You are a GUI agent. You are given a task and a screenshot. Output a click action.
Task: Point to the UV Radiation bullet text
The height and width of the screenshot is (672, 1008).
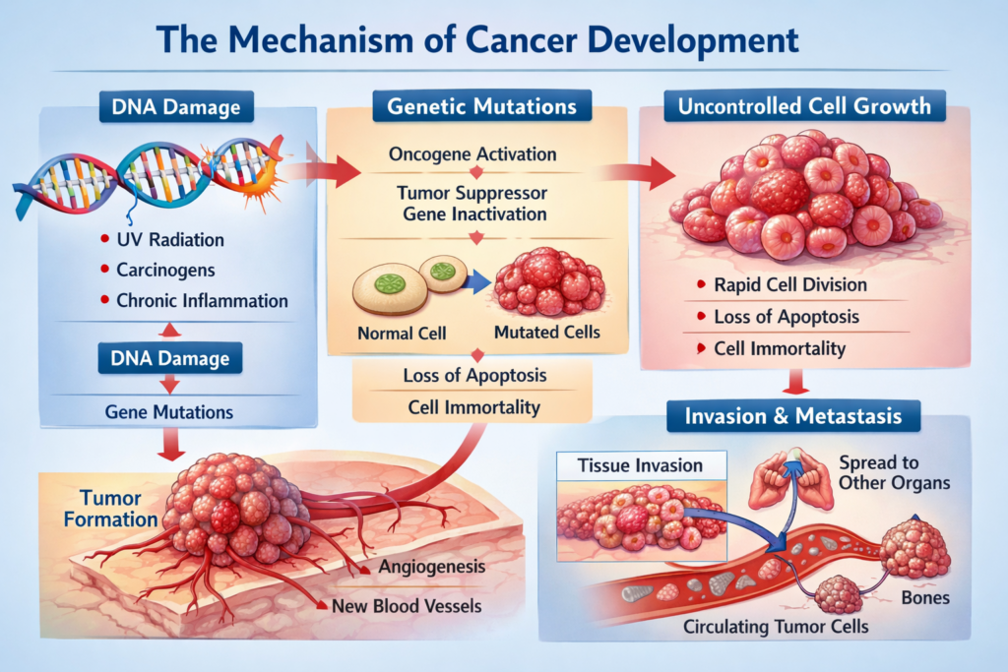click(x=170, y=239)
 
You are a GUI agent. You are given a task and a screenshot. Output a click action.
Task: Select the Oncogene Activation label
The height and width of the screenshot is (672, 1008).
click(x=472, y=154)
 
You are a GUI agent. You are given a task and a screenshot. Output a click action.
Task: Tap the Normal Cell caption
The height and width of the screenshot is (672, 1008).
click(x=401, y=334)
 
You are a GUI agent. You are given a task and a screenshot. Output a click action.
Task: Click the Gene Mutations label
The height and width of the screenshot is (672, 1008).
click(x=169, y=411)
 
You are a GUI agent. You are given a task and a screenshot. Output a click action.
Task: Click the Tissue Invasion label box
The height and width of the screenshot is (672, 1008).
click(x=640, y=465)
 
